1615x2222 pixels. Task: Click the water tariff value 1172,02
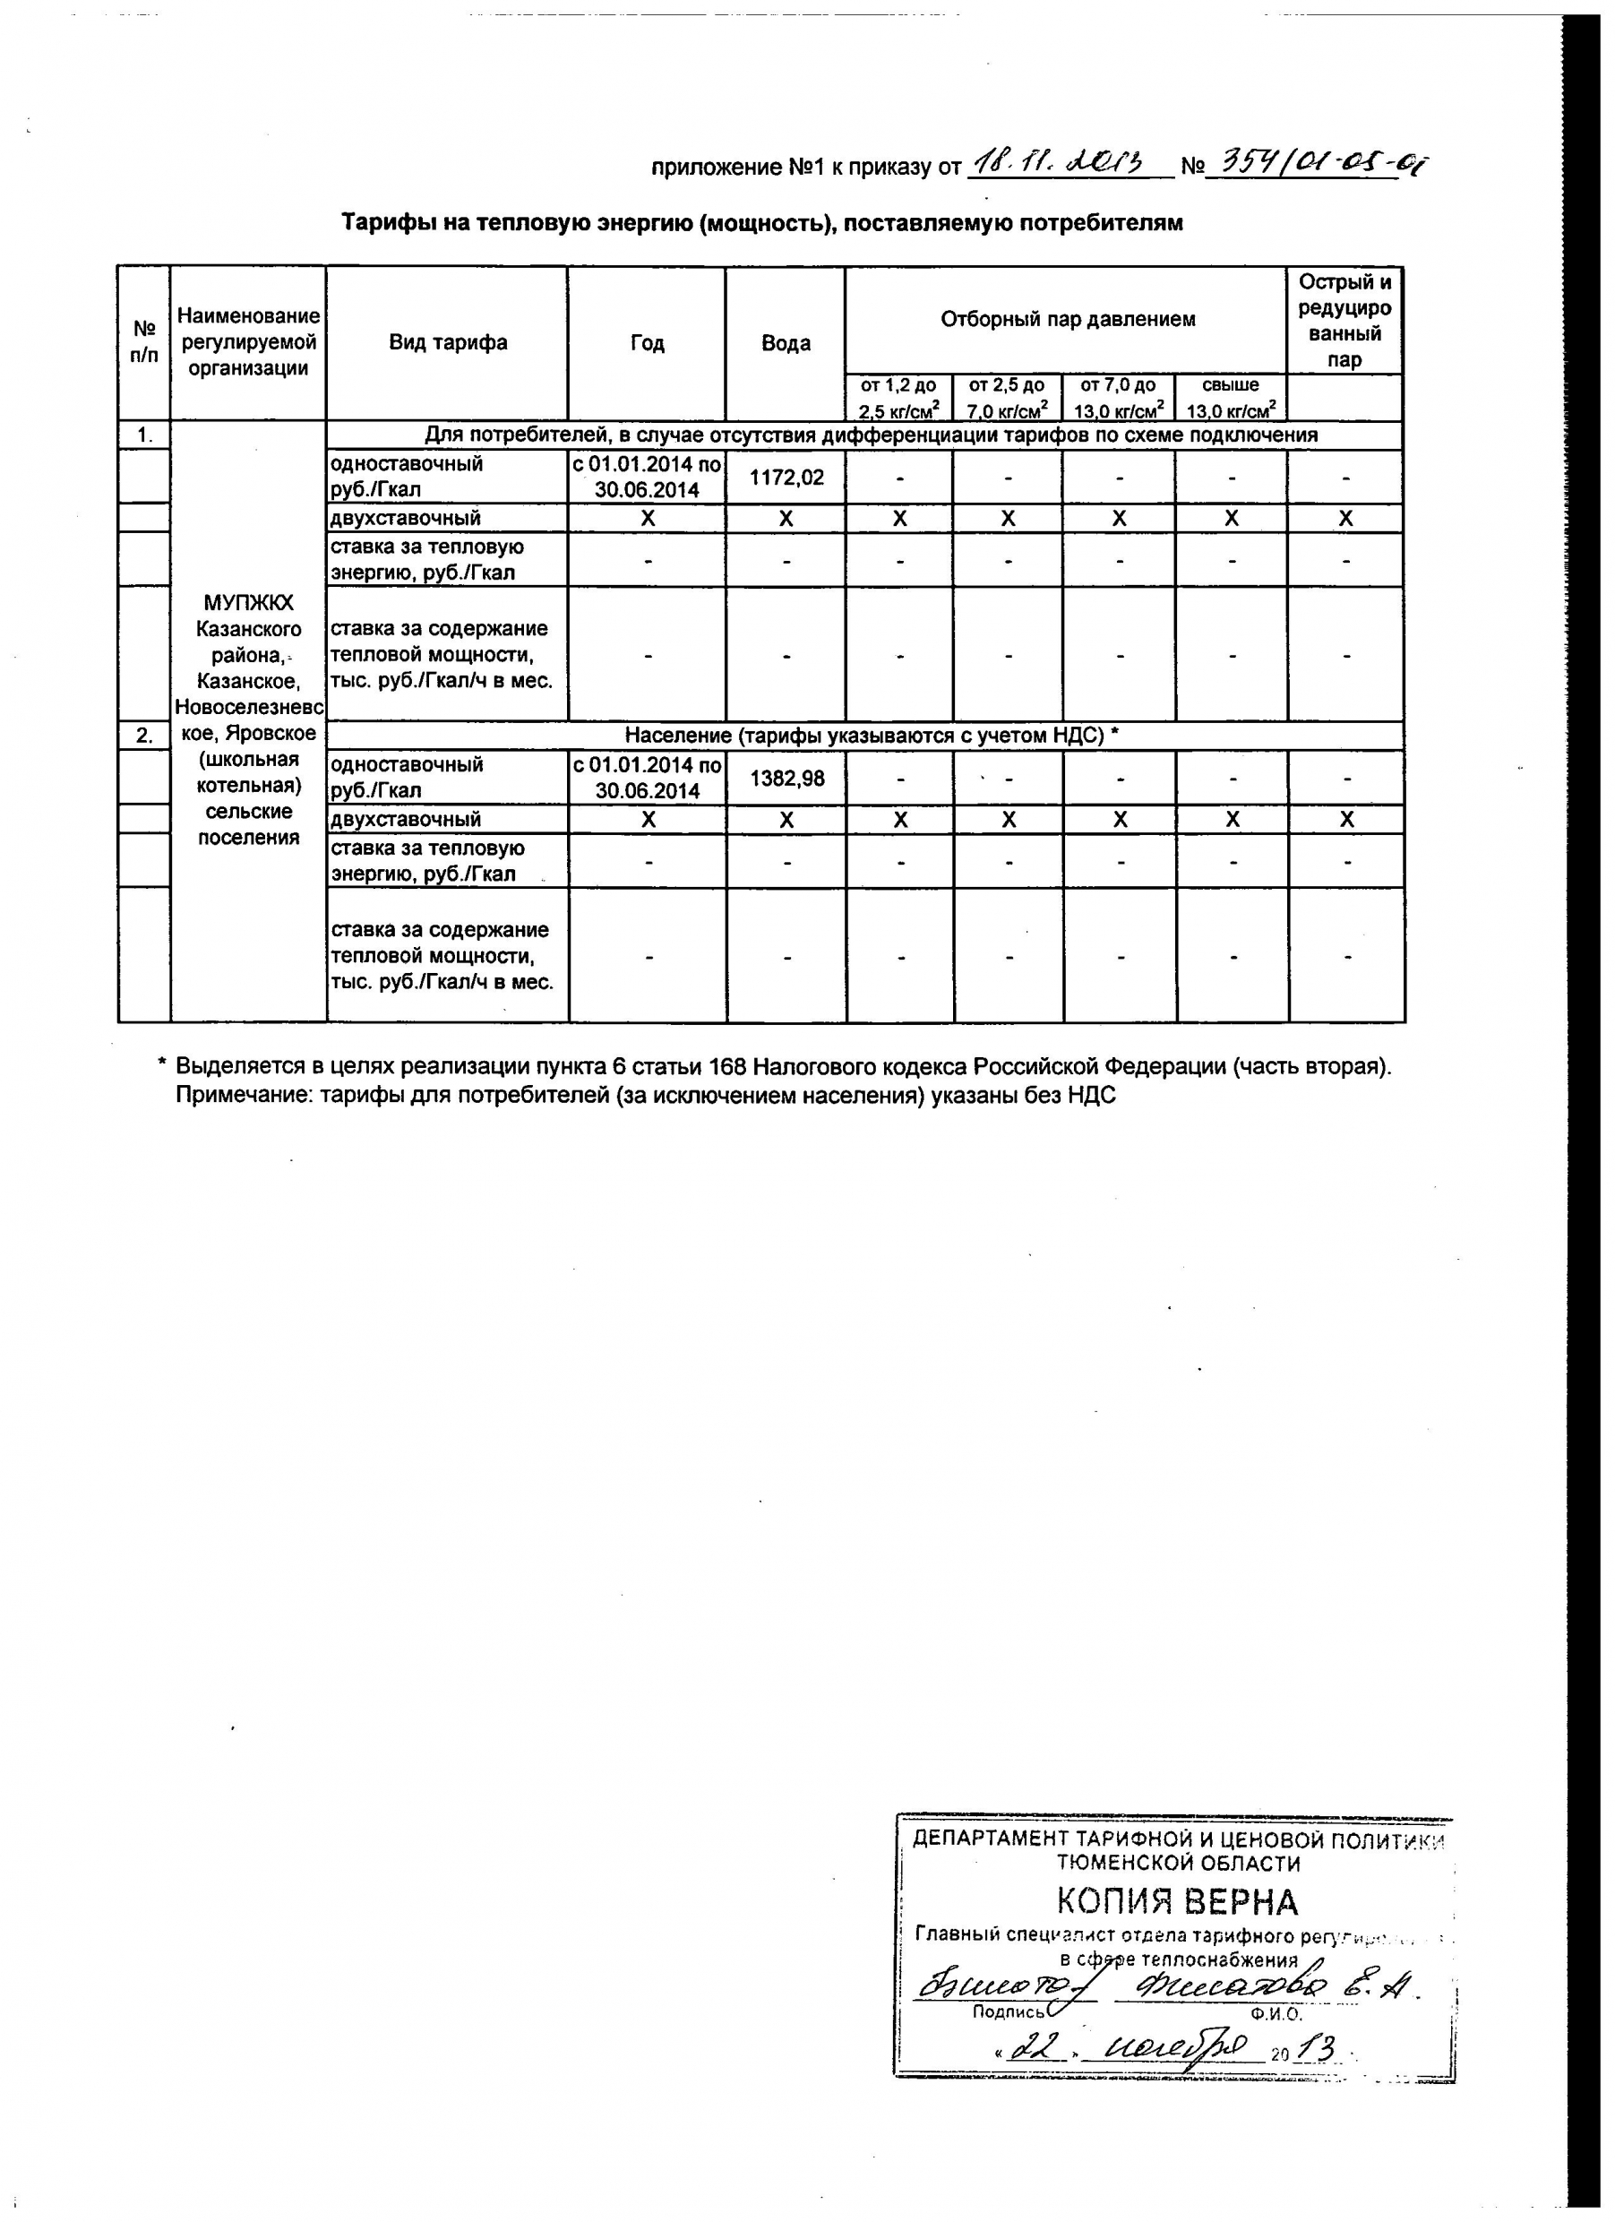pos(786,478)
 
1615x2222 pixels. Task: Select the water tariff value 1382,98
pos(786,779)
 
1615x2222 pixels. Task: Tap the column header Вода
pos(786,343)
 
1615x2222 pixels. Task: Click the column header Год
pos(648,343)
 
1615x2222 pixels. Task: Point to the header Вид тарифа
pos(448,342)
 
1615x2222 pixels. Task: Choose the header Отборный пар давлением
pos(1068,319)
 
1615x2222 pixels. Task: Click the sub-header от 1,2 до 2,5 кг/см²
pos(899,398)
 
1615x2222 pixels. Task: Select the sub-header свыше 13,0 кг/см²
pos(1231,398)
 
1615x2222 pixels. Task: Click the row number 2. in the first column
pos(144,736)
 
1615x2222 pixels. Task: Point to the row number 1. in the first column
pos(144,435)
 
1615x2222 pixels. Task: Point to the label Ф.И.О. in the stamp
pos(1276,2014)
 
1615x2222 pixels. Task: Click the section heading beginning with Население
pos(872,736)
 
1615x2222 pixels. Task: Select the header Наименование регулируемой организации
pos(249,342)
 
